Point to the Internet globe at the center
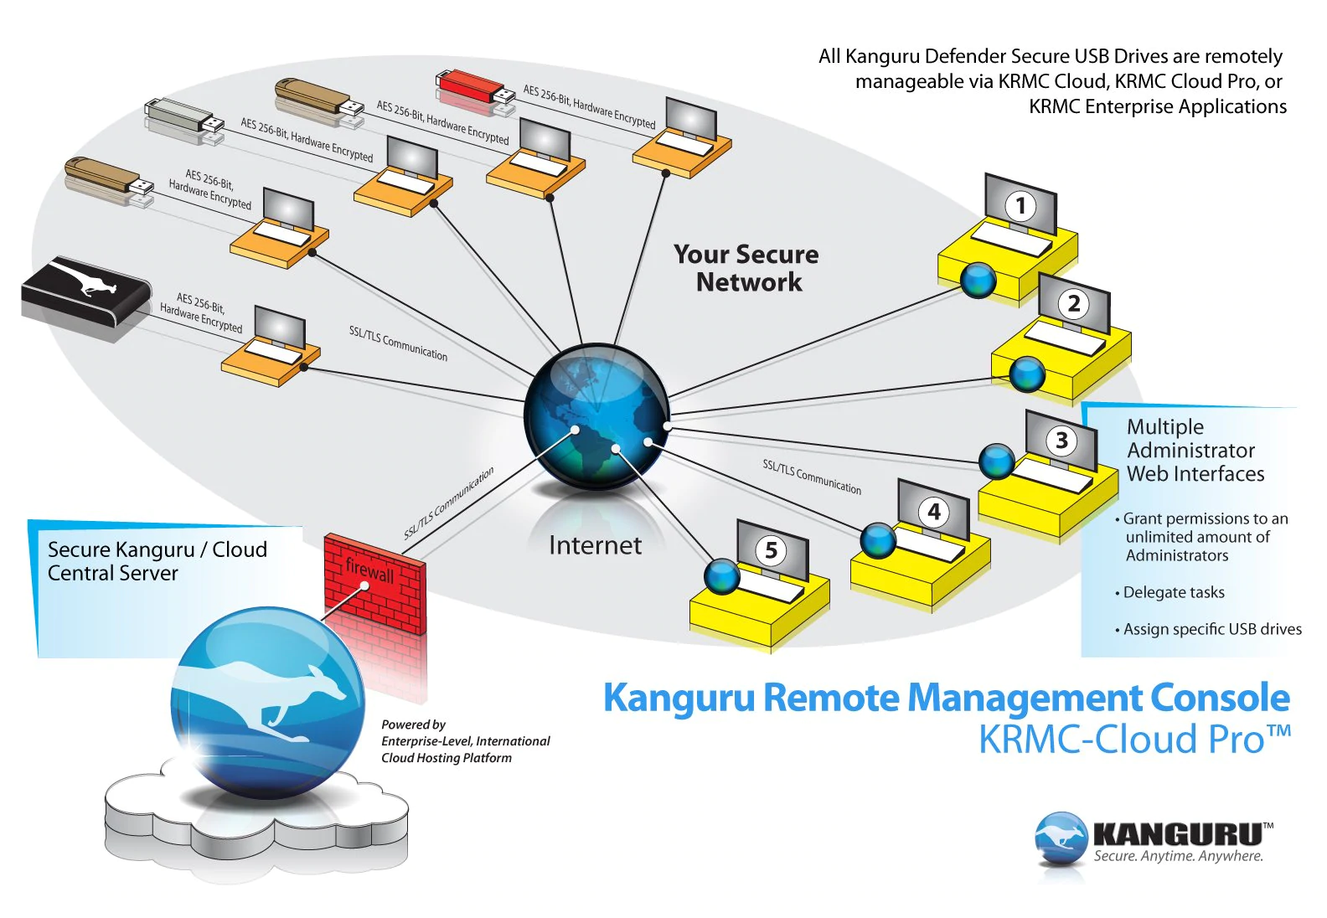click(x=596, y=415)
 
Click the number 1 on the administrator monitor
click(x=1020, y=206)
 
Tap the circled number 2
click(x=1074, y=304)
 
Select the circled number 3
click(x=1061, y=441)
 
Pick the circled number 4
click(x=934, y=512)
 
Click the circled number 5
click(x=772, y=550)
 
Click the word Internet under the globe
click(x=595, y=546)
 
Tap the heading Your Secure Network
click(x=746, y=268)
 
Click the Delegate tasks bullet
click(x=1173, y=593)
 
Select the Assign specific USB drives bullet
click(x=1211, y=630)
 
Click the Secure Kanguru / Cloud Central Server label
click(x=157, y=561)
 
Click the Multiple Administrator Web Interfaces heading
click(x=1195, y=451)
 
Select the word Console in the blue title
click(x=1219, y=699)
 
